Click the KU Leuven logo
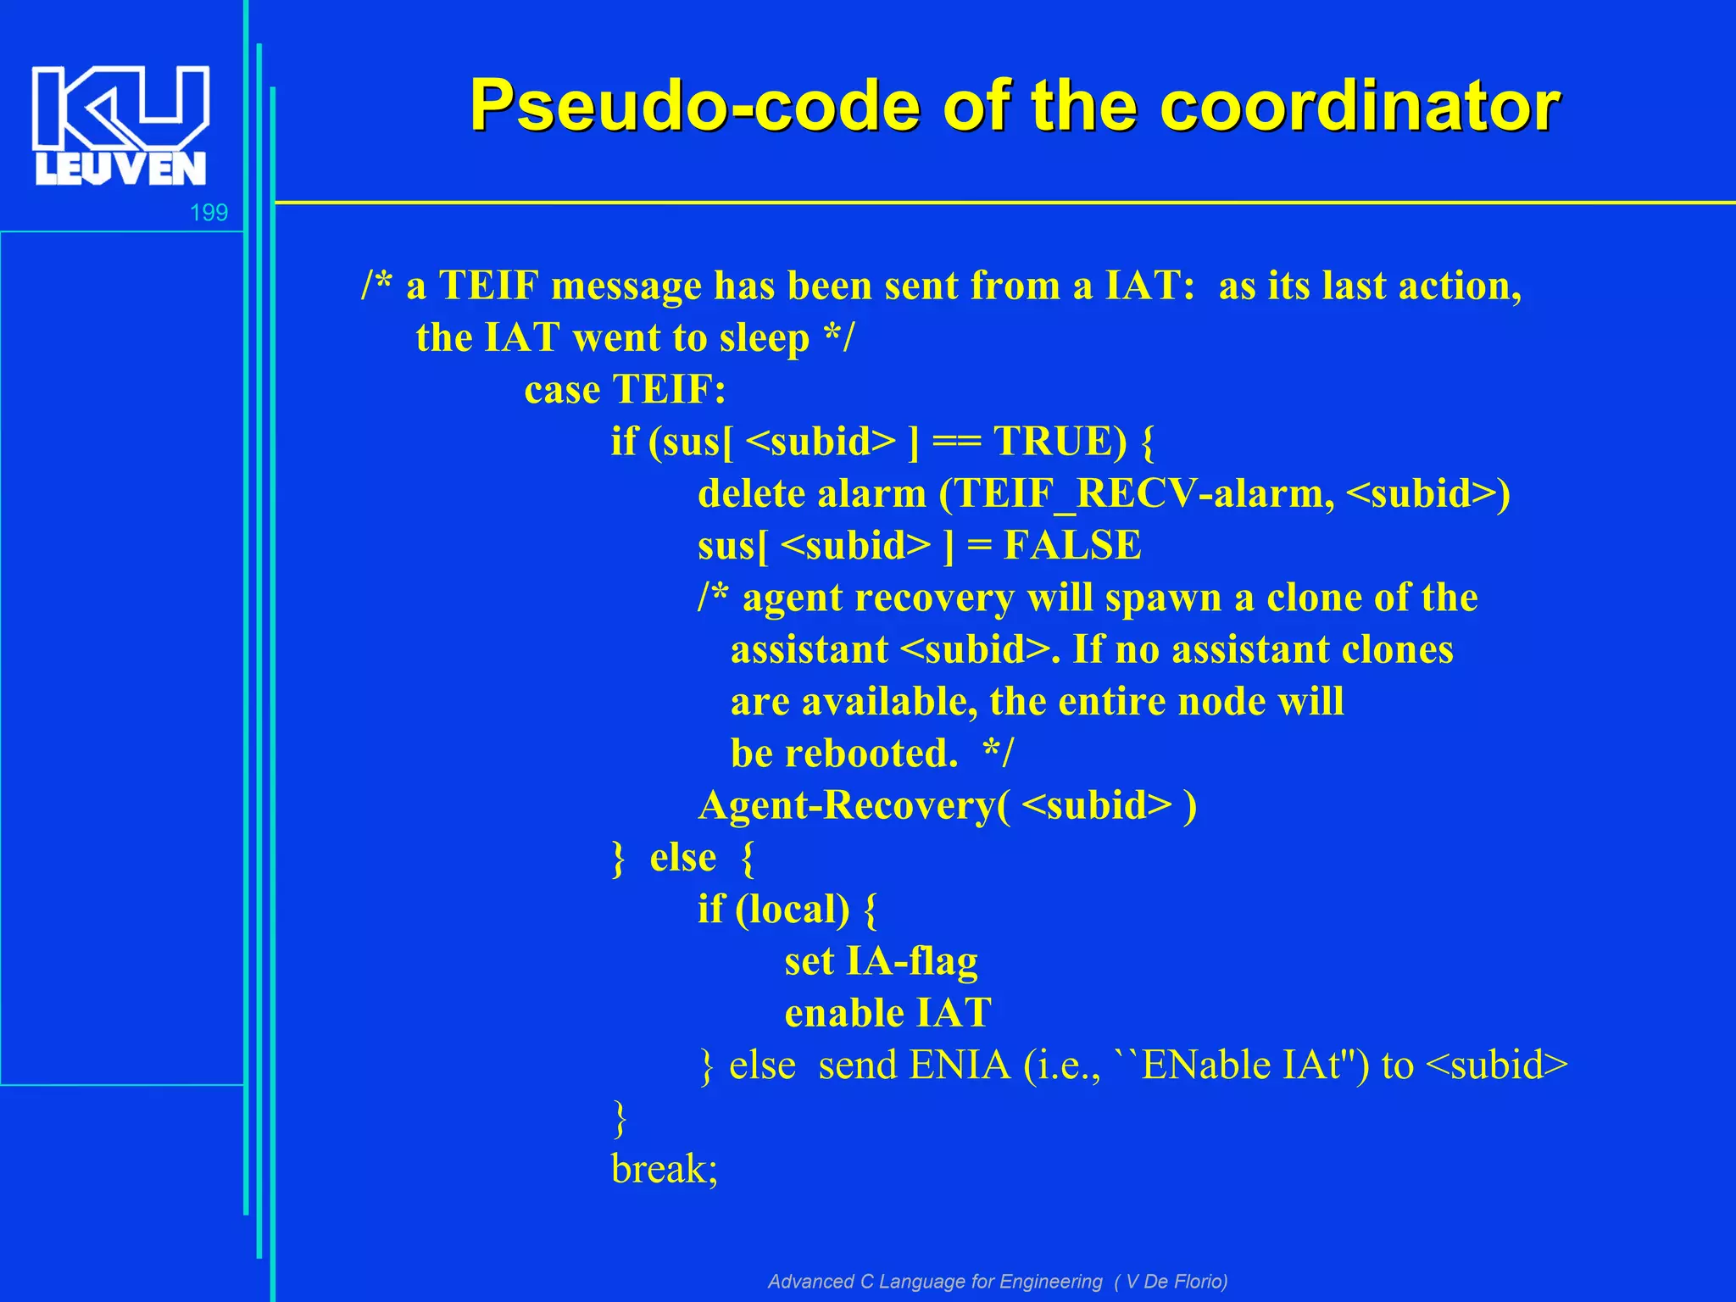[x=120, y=125]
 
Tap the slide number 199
[x=209, y=213]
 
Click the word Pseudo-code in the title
[x=693, y=106]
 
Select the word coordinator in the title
[x=1359, y=106]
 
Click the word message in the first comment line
[x=626, y=287]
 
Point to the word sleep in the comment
[x=764, y=338]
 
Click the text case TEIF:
[x=625, y=390]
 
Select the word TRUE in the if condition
[x=1060, y=442]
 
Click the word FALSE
[x=1072, y=546]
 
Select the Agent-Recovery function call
[x=946, y=805]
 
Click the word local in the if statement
[x=792, y=910]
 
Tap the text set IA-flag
[x=880, y=961]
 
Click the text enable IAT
[x=887, y=1013]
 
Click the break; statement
[x=664, y=1169]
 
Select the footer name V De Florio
[x=1174, y=1281]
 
